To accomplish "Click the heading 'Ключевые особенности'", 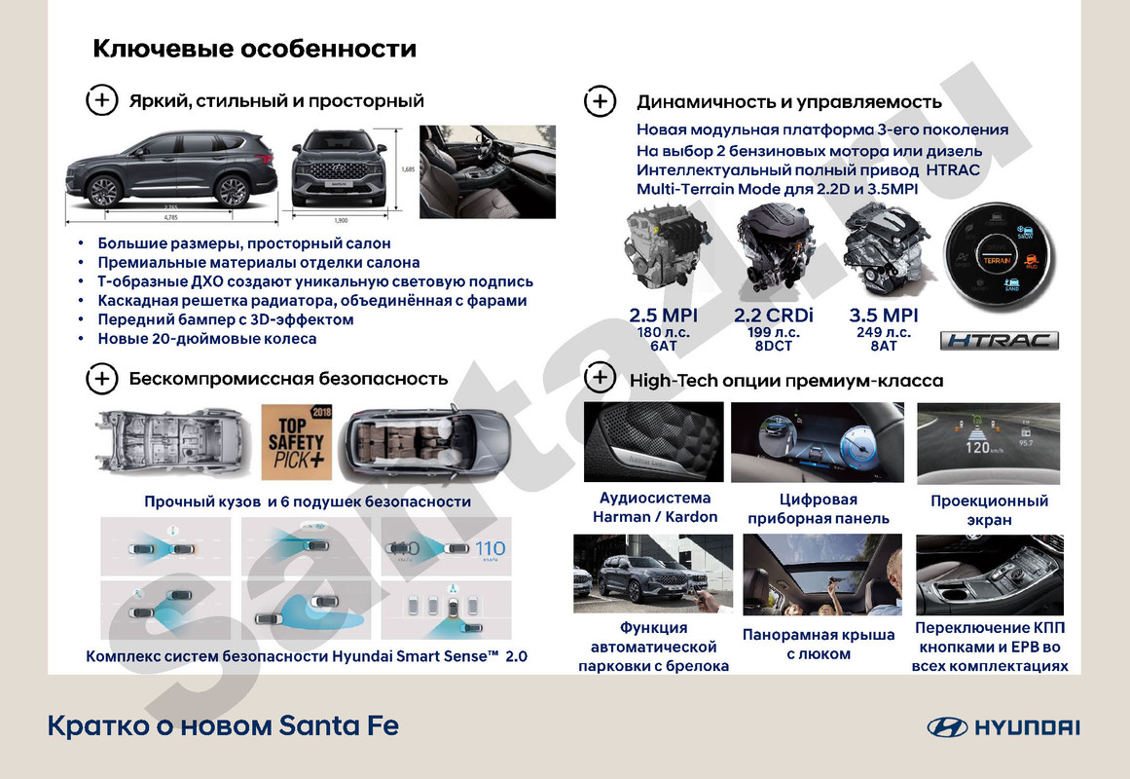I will (x=254, y=49).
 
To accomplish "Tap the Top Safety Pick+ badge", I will (x=298, y=439).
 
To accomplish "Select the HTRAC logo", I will (x=999, y=341).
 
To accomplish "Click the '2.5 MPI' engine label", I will (x=664, y=315).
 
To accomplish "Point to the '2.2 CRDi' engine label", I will (x=774, y=315).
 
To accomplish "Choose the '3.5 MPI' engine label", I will (x=884, y=315).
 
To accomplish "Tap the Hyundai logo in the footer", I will (x=1003, y=727).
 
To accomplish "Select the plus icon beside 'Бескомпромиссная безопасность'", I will (x=102, y=379).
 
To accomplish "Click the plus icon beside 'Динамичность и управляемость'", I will (x=600, y=101).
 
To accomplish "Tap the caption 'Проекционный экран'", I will (x=989, y=510).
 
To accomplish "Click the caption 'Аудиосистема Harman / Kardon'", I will (x=654, y=508).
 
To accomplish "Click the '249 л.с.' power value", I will (x=884, y=332).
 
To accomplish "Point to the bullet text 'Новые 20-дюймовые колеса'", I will (x=206, y=339).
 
